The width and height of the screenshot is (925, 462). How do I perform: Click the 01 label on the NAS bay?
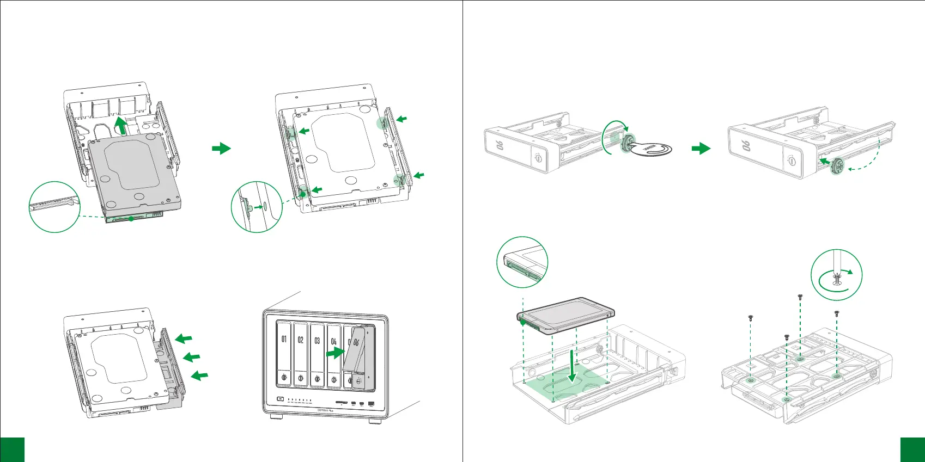284,340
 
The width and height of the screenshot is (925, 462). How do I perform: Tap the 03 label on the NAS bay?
317,340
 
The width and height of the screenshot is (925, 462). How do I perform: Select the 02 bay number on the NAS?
301,340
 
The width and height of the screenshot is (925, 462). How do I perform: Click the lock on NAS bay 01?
284,377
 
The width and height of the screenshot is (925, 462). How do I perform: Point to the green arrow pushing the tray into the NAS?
334,353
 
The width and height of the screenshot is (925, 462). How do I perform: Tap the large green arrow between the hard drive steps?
221,148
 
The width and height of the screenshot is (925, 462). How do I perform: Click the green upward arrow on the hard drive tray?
122,126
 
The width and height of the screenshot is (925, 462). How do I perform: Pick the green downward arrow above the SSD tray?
571,367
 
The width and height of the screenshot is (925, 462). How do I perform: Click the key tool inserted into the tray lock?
651,149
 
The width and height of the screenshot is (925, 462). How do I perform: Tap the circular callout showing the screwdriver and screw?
836,275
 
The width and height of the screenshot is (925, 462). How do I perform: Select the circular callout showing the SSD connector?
522,262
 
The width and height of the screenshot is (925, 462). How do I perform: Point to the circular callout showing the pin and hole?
257,207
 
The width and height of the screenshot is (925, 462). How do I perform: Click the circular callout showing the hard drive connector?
54,207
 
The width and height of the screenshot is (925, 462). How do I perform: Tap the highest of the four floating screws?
800,297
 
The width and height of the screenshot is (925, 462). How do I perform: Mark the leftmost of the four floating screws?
751,317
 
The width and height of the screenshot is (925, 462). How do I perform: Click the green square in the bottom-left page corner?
12,449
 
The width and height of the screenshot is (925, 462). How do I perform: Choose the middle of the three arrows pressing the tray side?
191,357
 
